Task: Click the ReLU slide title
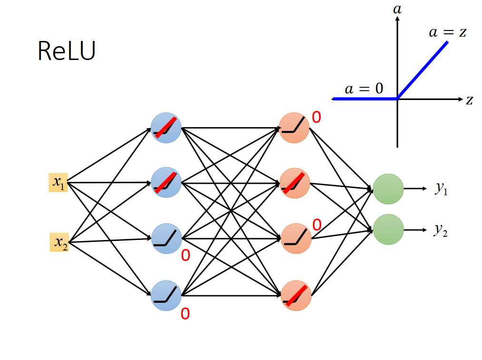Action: point(66,51)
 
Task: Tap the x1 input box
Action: point(59,182)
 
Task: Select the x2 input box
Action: point(59,242)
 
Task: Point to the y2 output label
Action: point(441,230)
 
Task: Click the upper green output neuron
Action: point(388,189)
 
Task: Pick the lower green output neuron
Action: point(388,230)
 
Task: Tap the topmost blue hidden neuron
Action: point(166,128)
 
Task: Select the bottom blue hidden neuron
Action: point(166,295)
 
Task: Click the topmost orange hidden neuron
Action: point(294,128)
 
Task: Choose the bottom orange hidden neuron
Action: point(295,295)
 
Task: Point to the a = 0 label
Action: point(364,89)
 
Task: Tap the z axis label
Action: point(469,100)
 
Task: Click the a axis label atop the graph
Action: point(397,9)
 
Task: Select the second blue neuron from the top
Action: point(166,183)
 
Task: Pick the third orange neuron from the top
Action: point(295,239)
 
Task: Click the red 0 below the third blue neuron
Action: point(186,256)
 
